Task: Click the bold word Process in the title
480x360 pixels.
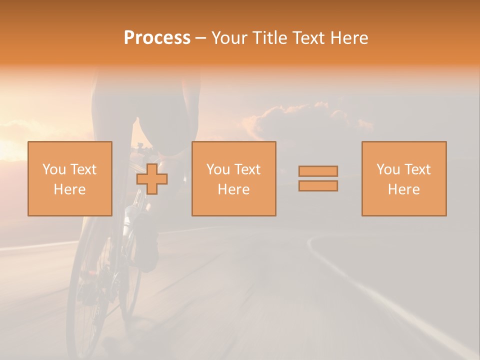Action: tap(157, 38)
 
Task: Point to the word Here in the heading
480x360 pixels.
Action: tap(348, 38)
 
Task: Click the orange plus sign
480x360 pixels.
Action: tap(152, 179)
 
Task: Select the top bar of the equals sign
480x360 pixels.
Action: tap(318, 171)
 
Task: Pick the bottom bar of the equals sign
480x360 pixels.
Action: tap(318, 186)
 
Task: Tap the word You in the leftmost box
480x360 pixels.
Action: tap(54, 169)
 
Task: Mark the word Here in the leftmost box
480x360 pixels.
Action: tap(69, 189)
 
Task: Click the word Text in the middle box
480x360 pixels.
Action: tap(247, 169)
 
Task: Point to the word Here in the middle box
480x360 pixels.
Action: tap(233, 189)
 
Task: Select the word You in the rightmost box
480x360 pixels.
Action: tap(388, 169)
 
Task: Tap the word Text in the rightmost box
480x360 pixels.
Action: tap(417, 169)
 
